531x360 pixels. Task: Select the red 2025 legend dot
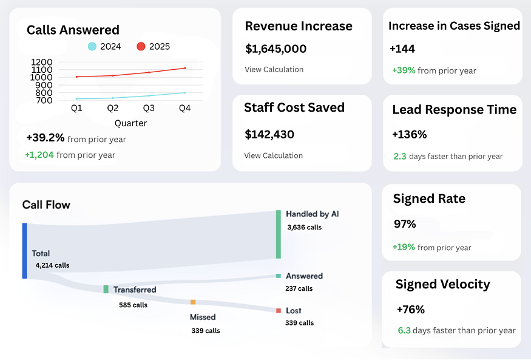point(141,47)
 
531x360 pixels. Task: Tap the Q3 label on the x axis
point(149,108)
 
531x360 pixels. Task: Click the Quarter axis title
point(130,123)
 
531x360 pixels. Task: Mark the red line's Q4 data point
point(184,68)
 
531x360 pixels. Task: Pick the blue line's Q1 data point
point(76,99)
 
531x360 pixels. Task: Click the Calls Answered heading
point(73,30)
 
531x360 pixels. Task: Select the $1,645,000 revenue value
point(276,49)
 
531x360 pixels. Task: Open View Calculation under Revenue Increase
point(274,69)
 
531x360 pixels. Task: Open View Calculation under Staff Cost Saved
point(273,155)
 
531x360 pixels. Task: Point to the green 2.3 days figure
point(400,156)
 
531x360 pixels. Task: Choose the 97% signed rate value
point(405,224)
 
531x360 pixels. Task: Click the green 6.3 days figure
point(404,331)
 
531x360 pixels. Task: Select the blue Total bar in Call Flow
point(25,251)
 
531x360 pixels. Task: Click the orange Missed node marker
point(193,302)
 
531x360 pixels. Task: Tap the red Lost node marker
point(279,310)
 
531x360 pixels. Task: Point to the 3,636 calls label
point(305,228)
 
